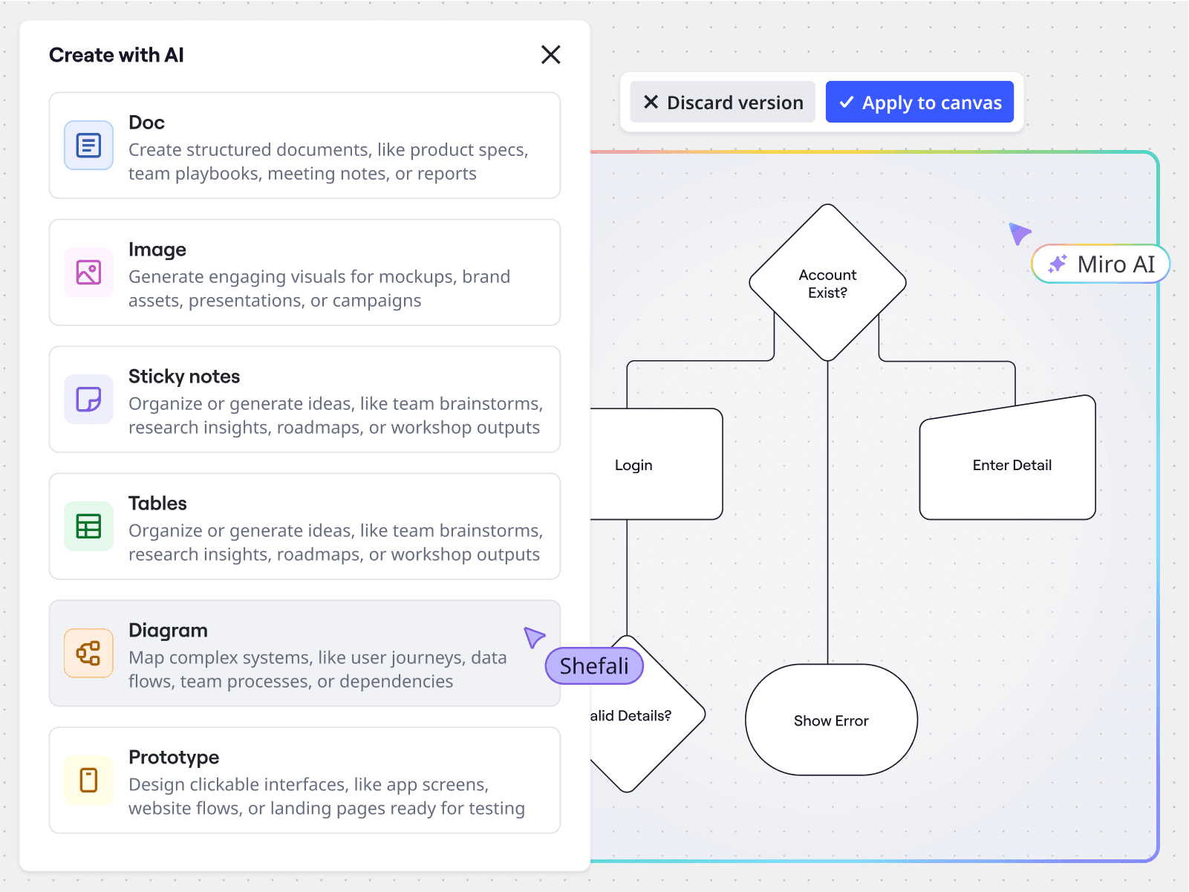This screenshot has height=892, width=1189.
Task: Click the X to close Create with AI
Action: coord(550,55)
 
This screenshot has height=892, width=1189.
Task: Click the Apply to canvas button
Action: coord(919,102)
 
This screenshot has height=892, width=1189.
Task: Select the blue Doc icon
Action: coord(88,146)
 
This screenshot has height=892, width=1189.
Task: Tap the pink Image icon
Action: coord(88,273)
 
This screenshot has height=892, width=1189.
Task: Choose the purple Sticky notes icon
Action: coord(88,400)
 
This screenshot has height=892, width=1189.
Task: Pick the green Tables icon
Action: coord(88,527)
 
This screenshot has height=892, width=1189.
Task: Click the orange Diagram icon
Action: coord(88,654)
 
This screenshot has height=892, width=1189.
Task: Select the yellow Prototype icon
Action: coord(88,781)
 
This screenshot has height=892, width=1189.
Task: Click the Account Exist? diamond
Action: coord(827,283)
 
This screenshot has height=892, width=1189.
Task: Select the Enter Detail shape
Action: coord(1010,465)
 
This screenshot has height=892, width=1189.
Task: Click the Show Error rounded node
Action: coord(831,720)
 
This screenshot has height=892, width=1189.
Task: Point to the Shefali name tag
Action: coord(594,666)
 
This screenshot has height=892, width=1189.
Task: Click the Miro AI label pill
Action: coord(1101,264)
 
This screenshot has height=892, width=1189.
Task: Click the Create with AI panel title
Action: coord(117,55)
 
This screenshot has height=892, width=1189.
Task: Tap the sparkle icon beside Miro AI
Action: coord(1058,264)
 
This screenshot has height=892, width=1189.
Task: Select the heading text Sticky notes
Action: coord(184,377)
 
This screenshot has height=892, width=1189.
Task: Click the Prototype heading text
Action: coord(174,758)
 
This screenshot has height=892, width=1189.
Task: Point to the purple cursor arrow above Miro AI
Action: coord(1019,233)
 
